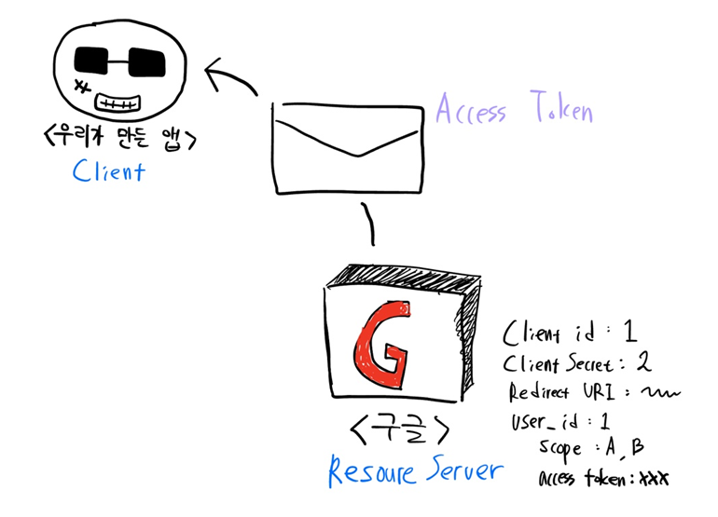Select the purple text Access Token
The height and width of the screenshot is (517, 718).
(514, 110)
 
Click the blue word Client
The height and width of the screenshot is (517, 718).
(108, 171)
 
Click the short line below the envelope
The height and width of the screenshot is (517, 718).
(369, 224)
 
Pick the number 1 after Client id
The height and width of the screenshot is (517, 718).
(629, 332)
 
